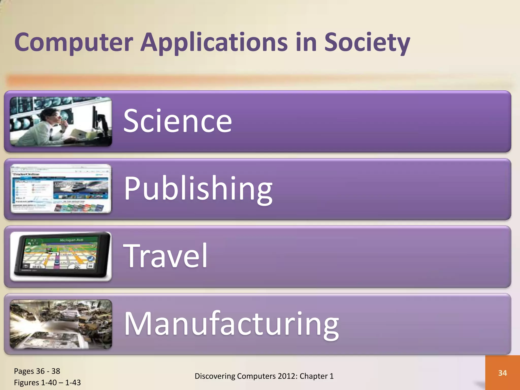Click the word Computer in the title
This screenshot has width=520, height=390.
tap(74, 42)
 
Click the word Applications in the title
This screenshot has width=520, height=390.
tap(214, 42)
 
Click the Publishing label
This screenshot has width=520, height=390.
tap(198, 188)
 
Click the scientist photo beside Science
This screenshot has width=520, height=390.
tap(61, 121)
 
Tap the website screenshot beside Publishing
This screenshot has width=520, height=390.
tap(61, 189)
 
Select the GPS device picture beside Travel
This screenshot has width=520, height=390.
tap(61, 256)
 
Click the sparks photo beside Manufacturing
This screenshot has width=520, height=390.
tap(61, 324)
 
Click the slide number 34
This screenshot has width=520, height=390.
tap(502, 373)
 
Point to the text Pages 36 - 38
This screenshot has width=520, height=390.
tap(37, 371)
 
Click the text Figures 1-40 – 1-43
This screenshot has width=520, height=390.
tap(47, 382)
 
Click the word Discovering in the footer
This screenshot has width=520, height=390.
tap(215, 376)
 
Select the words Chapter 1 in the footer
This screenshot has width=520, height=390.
tap(317, 376)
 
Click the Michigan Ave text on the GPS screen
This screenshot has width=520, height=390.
tap(72, 240)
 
